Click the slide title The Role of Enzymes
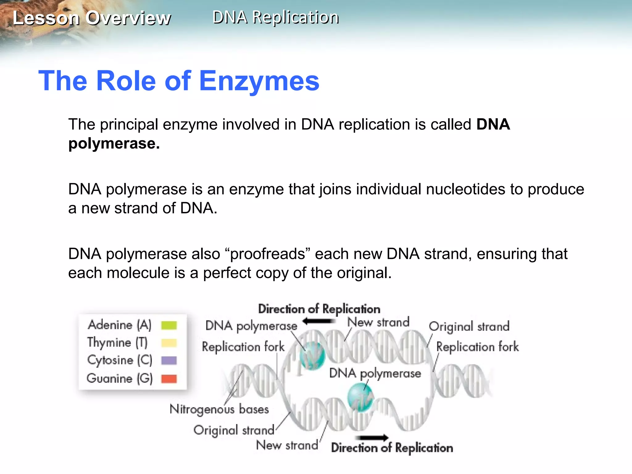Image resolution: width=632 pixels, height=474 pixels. tap(179, 81)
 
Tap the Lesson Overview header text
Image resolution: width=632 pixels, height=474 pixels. tap(92, 18)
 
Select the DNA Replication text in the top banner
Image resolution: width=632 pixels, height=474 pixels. tap(276, 17)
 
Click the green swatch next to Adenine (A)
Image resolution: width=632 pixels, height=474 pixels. tap(169, 325)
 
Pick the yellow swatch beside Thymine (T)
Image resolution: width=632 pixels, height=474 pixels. tap(169, 343)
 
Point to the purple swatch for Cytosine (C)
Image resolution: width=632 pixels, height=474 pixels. tap(169, 360)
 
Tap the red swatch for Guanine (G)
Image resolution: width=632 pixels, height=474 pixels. tap(169, 379)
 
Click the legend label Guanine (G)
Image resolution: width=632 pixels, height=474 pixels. tap(120, 379)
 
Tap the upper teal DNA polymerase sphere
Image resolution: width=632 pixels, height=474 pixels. tap(312, 355)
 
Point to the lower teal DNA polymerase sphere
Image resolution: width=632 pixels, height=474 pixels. tap(360, 397)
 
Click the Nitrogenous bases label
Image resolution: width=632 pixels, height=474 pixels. tap(219, 409)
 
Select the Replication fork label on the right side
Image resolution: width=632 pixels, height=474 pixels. tap(477, 347)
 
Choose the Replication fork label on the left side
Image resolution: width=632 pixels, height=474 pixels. tap(243, 347)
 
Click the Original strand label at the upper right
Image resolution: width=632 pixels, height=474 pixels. tap(469, 326)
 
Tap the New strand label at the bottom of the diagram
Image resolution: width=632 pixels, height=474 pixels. tap(287, 445)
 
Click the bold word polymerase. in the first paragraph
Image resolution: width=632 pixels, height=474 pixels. tap(114, 144)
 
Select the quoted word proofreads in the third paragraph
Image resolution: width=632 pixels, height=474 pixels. tap(268, 254)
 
